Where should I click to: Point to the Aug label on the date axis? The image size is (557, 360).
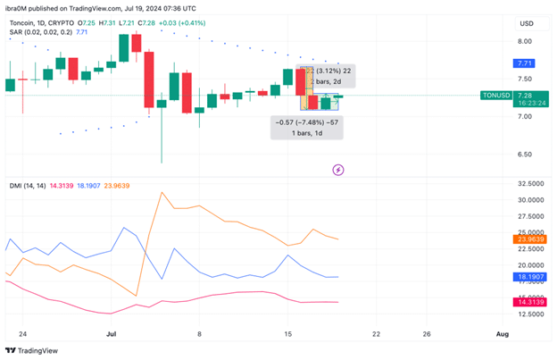tap(503, 333)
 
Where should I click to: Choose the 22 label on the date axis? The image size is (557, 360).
tap(376, 333)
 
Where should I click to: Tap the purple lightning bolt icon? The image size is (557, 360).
tap(338, 169)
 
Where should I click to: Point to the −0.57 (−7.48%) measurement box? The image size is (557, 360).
tap(306, 127)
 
